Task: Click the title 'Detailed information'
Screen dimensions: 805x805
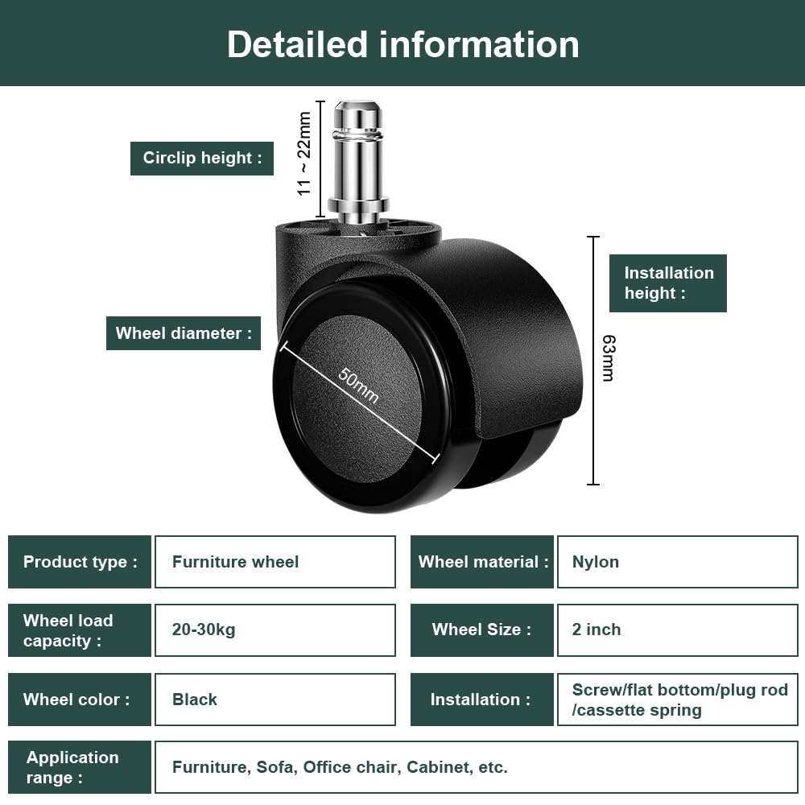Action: click(x=403, y=44)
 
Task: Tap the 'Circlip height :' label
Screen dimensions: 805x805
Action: click(x=202, y=158)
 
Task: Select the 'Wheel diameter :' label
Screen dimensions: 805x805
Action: click(x=184, y=333)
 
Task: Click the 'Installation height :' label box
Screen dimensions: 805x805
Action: click(x=668, y=283)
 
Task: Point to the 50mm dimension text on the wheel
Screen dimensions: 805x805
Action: click(x=358, y=386)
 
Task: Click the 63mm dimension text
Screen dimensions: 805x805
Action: click(x=609, y=358)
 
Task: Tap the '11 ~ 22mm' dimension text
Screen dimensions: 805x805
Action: click(x=304, y=154)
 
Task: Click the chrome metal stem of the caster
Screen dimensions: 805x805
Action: click(x=358, y=162)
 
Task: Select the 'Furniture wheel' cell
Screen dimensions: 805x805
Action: click(x=275, y=562)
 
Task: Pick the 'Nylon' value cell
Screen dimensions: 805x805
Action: click(x=678, y=562)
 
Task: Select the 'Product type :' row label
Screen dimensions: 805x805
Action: click(x=80, y=562)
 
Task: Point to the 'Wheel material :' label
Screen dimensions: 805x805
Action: click(x=482, y=562)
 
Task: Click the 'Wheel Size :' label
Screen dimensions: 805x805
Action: click(x=482, y=630)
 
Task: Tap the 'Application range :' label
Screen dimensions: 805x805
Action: click(x=80, y=767)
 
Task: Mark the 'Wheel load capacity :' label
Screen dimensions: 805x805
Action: click(x=80, y=630)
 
